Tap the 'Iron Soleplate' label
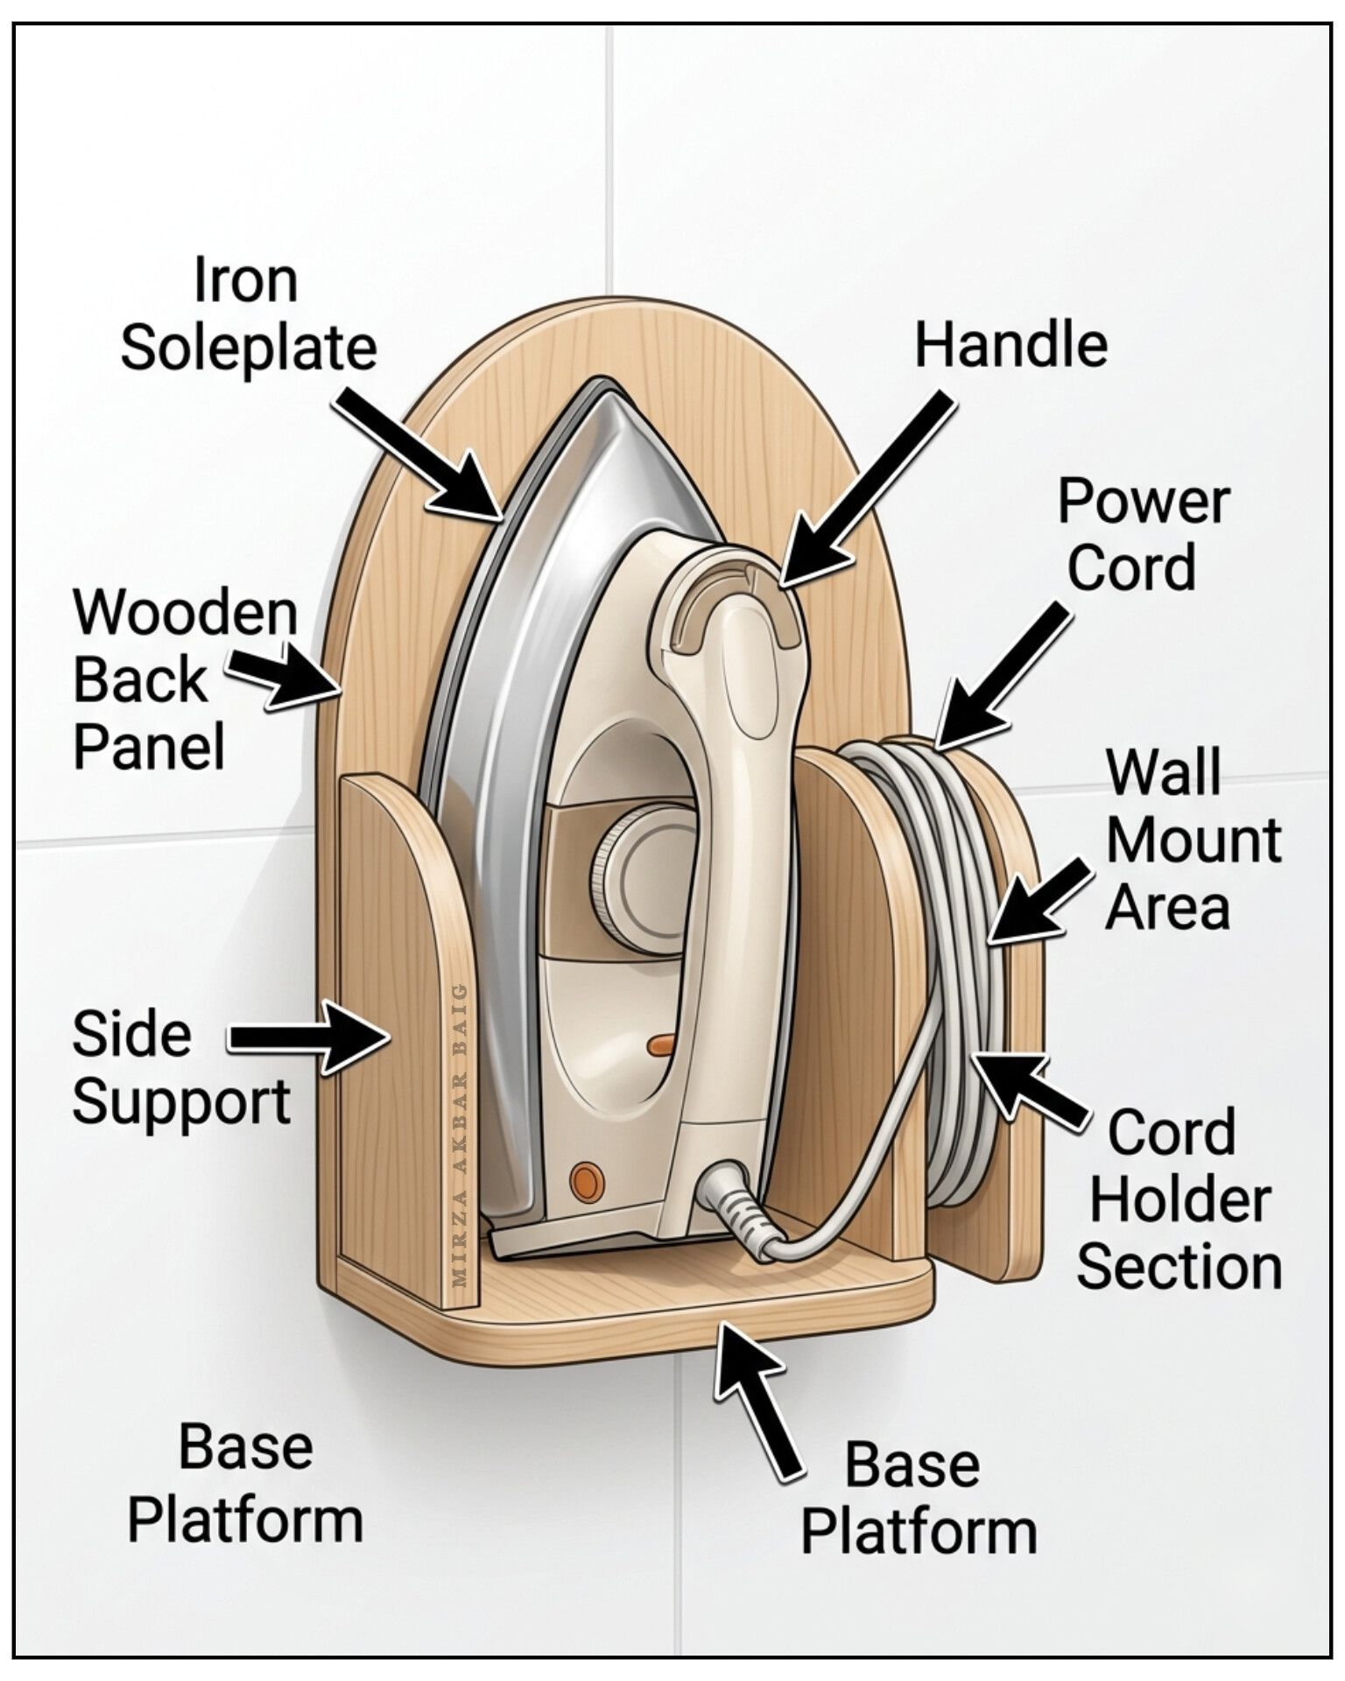248,313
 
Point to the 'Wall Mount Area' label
1193,840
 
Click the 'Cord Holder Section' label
1179,1199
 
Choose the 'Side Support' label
180,1067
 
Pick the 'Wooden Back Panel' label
185,679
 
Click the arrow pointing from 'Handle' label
863,489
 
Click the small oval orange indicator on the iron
660,1043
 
